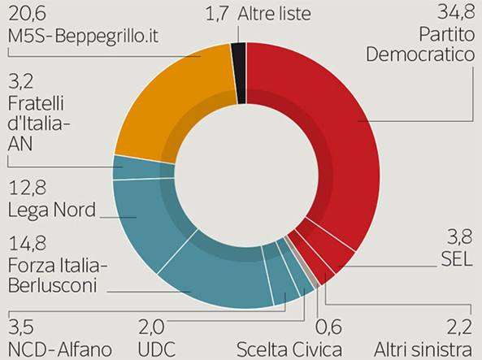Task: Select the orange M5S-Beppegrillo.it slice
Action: pyautogui.click(x=172, y=98)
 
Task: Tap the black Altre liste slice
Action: pyautogui.click(x=239, y=73)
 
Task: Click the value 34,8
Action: pyautogui.click(x=456, y=13)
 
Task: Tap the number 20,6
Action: pyautogui.click(x=27, y=14)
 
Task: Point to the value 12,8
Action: pyautogui.click(x=27, y=188)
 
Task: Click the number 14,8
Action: pyautogui.click(x=27, y=243)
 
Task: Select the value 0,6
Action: pyautogui.click(x=328, y=327)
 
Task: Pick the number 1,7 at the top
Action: pyautogui.click(x=217, y=14)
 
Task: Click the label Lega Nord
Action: pyautogui.click(x=52, y=210)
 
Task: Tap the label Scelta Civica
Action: pyautogui.click(x=289, y=349)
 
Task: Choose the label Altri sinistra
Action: pyautogui.click(x=423, y=349)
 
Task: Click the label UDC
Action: pyautogui.click(x=156, y=349)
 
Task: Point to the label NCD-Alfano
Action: pyautogui.click(x=59, y=349)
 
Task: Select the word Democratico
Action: pyautogui.click(x=420, y=54)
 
